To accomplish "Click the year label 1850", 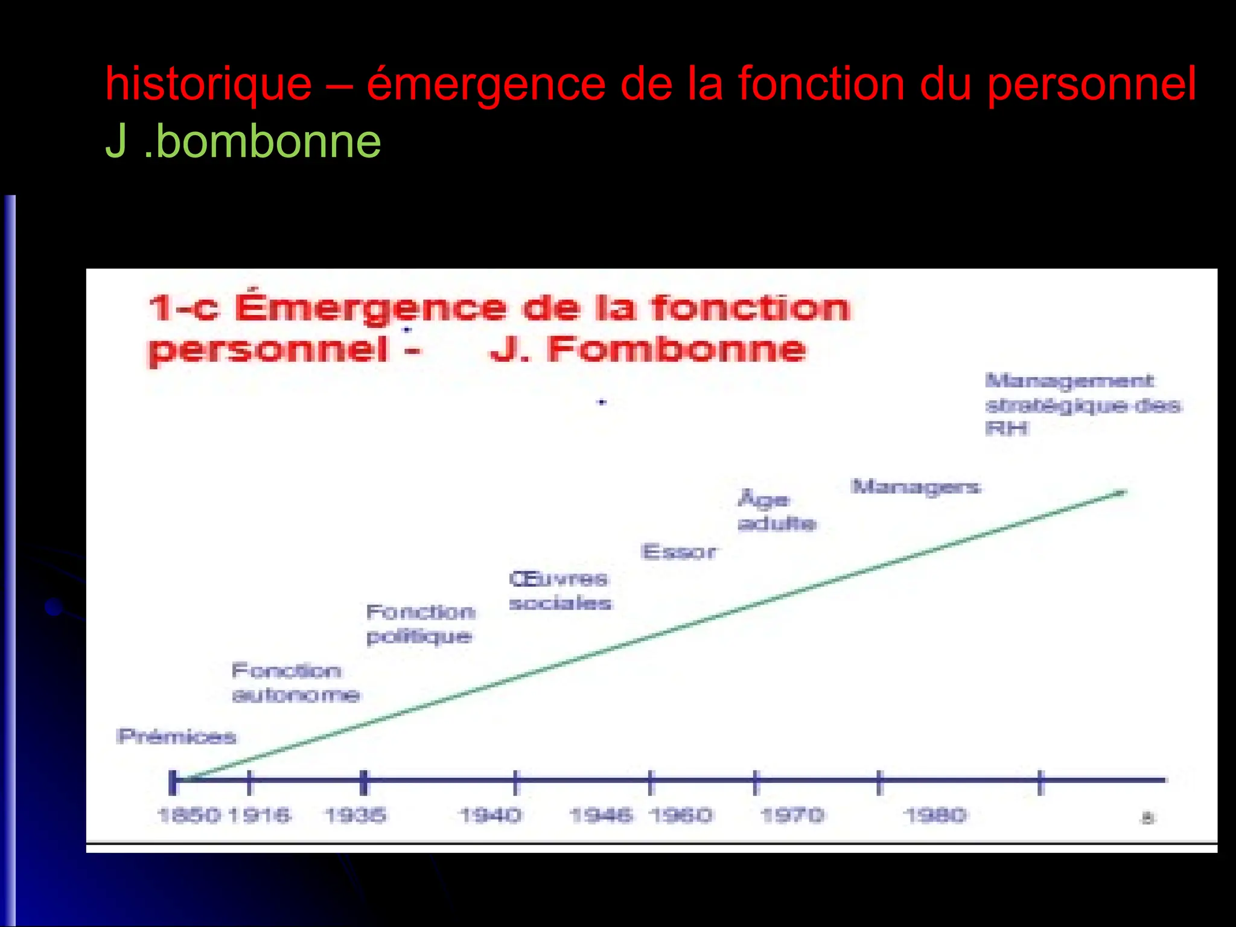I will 189,815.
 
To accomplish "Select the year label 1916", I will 260,815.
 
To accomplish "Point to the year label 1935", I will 355,815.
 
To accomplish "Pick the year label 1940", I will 489,815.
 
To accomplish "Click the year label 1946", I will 601,815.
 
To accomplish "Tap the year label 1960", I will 681,815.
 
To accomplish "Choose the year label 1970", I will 792,815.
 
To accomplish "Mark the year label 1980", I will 935,815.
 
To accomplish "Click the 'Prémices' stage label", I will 176,736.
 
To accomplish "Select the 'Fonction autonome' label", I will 295,683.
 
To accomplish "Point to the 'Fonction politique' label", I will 421,624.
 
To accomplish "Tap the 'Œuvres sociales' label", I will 559,591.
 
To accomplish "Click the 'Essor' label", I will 679,552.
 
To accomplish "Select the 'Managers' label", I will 916,486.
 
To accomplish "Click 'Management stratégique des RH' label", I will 1082,404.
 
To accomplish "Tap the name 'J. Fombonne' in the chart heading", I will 648,349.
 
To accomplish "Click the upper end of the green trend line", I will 1124,492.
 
